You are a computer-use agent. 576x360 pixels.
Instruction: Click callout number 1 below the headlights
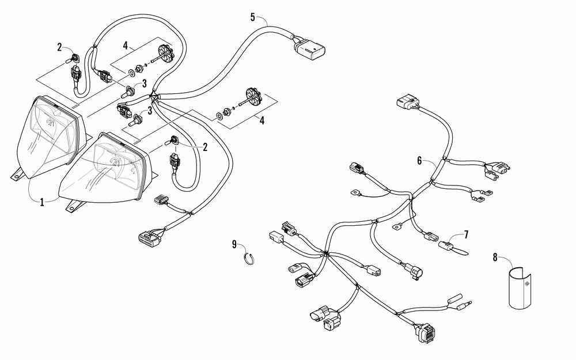pos(41,203)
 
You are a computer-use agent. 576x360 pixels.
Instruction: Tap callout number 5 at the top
pos(253,16)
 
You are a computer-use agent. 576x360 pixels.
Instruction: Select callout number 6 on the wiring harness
pos(419,161)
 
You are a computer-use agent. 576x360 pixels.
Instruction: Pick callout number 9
pos(234,245)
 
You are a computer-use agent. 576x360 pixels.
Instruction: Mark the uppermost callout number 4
pos(125,44)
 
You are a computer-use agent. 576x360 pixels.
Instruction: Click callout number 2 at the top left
pos(59,47)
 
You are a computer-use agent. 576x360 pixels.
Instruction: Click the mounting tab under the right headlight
pos(73,206)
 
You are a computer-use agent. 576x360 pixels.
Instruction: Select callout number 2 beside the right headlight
pos(204,147)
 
